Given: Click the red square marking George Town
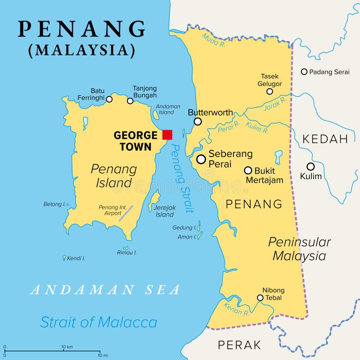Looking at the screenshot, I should point(167,135).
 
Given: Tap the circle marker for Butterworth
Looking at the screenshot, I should point(198,121).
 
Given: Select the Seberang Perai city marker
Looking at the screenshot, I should point(201,159).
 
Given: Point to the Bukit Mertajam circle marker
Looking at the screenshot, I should point(248,171).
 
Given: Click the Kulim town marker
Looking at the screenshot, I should point(310,166).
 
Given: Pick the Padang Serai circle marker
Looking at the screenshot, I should point(304,72).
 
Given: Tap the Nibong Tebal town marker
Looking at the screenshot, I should point(260,297).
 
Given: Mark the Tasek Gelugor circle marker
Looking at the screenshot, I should point(270,91).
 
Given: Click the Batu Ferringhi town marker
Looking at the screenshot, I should point(109,99).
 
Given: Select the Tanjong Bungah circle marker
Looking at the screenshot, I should point(130,101).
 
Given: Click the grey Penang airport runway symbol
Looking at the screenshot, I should point(126,213).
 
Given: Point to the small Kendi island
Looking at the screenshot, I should point(64,258).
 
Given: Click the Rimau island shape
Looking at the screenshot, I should point(126,248).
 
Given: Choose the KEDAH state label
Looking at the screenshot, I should point(325,139).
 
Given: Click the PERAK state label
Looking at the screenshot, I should point(239,345).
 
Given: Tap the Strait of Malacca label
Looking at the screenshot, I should point(99,322).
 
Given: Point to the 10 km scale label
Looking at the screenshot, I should point(67,346).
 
